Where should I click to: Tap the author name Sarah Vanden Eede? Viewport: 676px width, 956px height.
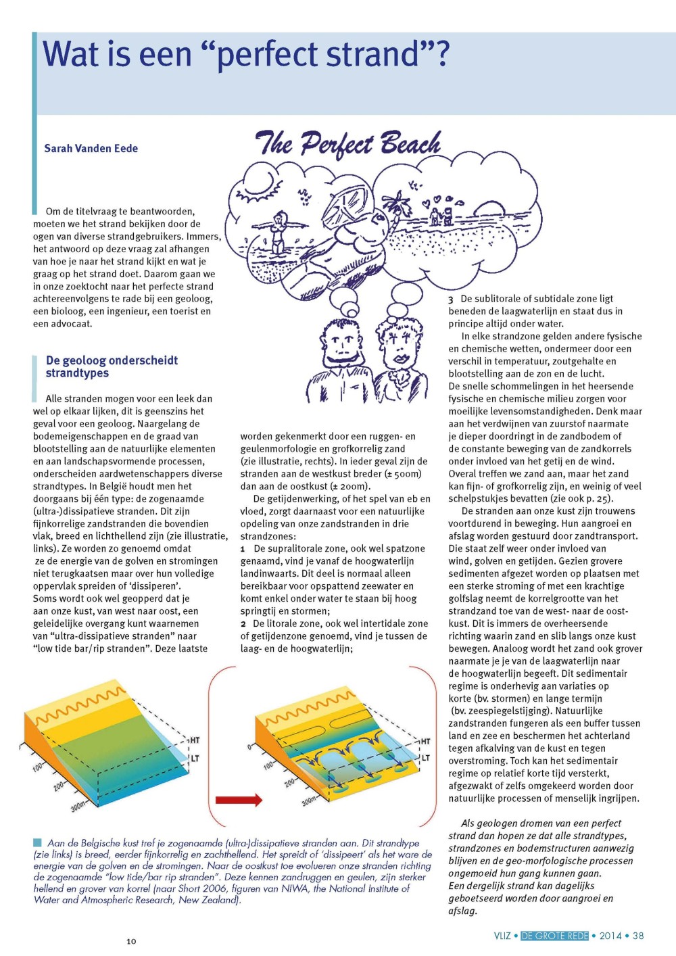point(91,149)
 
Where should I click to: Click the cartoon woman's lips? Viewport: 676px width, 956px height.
point(399,356)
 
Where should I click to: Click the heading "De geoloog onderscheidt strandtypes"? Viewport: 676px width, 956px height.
point(112,366)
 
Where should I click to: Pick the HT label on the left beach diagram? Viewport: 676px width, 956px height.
point(195,740)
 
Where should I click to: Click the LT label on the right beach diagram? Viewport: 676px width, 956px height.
point(426,758)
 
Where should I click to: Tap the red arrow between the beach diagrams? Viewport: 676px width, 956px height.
point(238,800)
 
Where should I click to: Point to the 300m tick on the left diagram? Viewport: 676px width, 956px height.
point(78,806)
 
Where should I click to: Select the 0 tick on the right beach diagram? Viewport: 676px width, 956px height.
point(249,747)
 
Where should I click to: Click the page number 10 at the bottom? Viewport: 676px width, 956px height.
point(131,941)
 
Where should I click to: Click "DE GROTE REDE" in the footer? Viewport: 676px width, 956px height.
point(554,936)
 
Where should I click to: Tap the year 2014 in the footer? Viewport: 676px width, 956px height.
point(610,936)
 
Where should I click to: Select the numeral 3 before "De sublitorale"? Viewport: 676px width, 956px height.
point(451,300)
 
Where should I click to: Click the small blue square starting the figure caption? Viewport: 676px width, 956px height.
point(37,842)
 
